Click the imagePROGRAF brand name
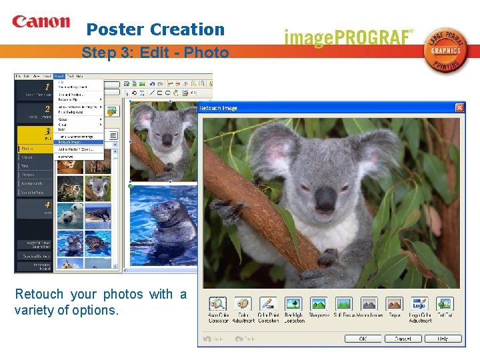pos(349,37)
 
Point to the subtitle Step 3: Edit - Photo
pos(155,53)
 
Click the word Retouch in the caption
pos(39,294)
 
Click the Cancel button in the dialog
pos(403,339)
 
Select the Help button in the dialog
pos(441,339)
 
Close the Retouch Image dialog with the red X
pos(459,108)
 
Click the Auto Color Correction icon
pos(218,304)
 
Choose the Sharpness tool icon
pos(318,304)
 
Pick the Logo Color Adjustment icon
pos(419,304)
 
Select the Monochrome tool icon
pos(369,304)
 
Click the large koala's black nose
pos(325,198)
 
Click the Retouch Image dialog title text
pos(219,108)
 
